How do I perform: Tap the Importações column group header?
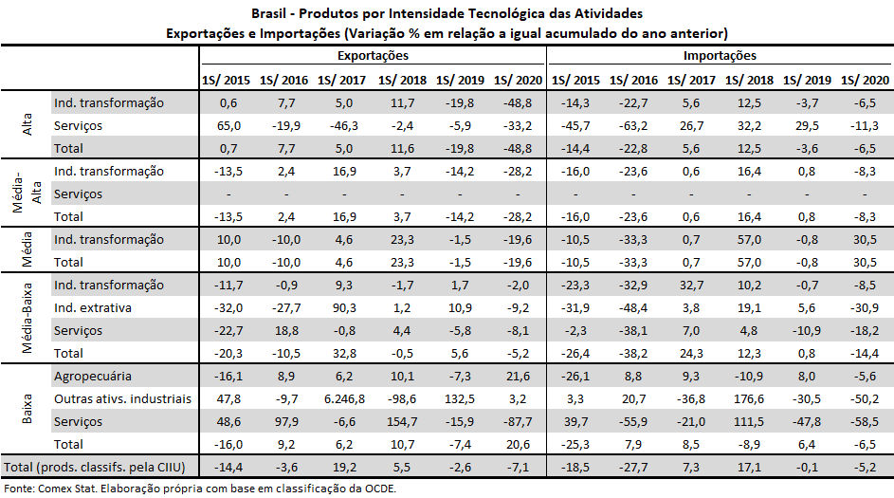[x=721, y=57]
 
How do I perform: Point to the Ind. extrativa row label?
[x=93, y=307]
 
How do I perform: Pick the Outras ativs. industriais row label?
[x=122, y=398]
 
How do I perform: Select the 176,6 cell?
[x=749, y=398]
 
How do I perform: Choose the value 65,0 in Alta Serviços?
[x=228, y=125]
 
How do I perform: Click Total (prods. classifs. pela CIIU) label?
[x=99, y=468]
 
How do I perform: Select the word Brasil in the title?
[x=271, y=14]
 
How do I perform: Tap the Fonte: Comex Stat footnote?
[x=199, y=489]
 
